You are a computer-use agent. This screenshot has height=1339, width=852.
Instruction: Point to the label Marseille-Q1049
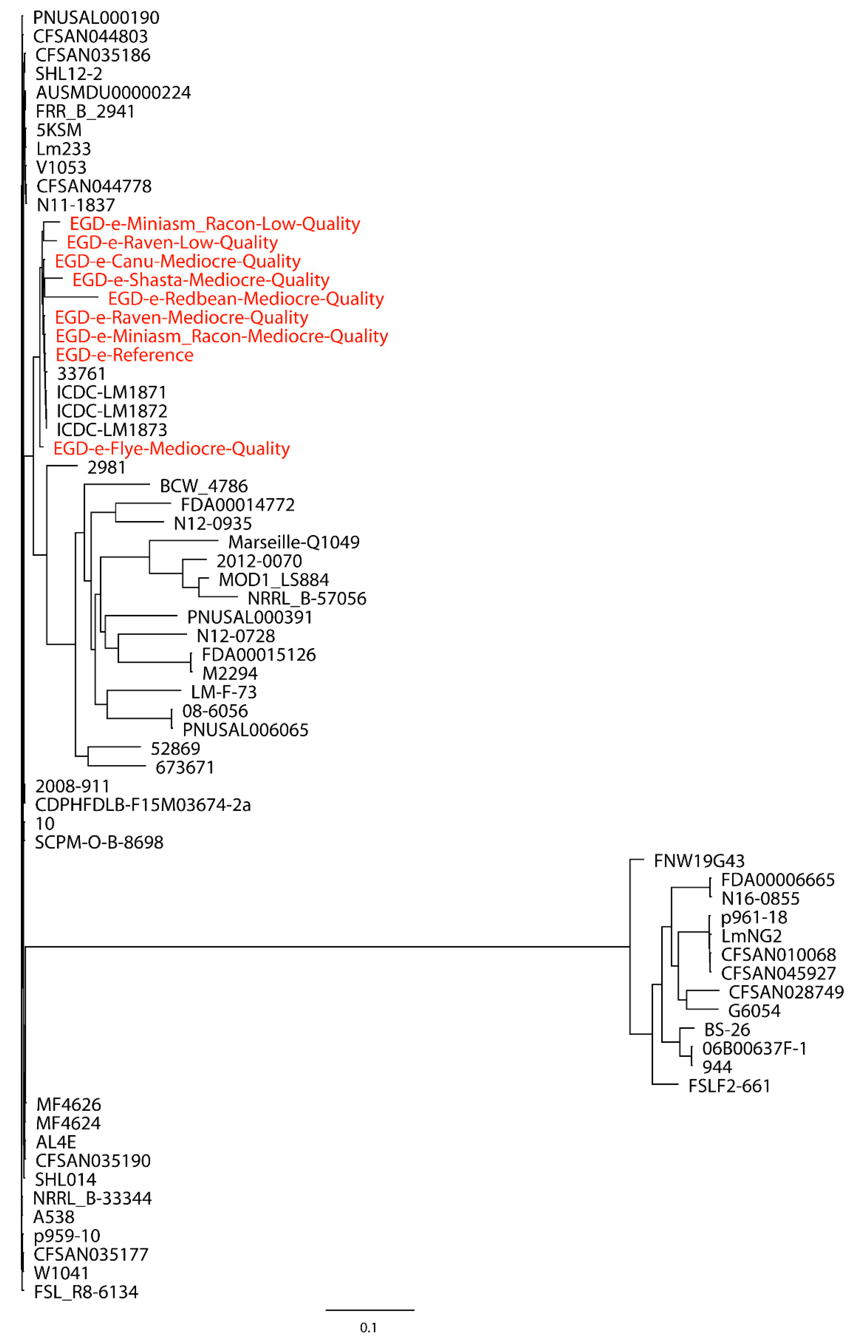[294, 542]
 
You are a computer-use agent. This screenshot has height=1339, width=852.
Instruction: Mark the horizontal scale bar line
[370, 1310]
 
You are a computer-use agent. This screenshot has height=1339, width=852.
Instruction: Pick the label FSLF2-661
[729, 1086]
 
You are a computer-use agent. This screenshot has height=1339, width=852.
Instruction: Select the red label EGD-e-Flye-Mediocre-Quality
[171, 449]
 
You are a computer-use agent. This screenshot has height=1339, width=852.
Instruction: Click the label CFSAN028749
[786, 992]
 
